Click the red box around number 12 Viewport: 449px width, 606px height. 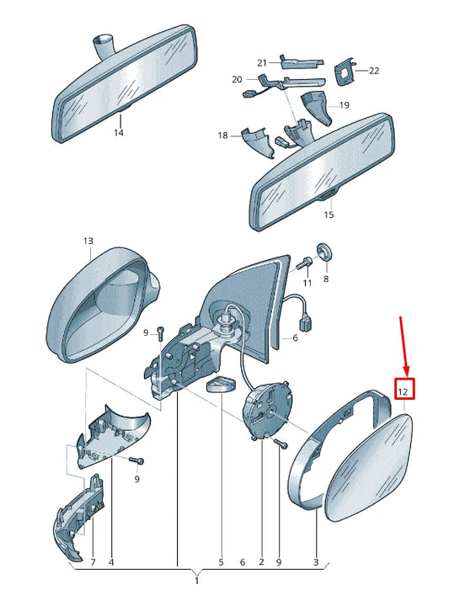(x=404, y=389)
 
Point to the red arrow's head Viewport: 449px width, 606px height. (x=407, y=372)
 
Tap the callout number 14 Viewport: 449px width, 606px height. (x=118, y=133)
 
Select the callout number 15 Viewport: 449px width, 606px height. (x=329, y=215)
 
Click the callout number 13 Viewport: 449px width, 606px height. (x=88, y=242)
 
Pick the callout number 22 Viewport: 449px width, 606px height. (x=374, y=71)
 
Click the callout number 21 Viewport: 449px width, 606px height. (x=262, y=62)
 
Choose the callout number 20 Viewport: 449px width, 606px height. (x=237, y=80)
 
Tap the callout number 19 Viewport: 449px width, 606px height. (x=345, y=105)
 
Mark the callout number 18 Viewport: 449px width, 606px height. (x=222, y=136)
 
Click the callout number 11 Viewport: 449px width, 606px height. (x=307, y=284)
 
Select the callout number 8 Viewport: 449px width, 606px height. (x=326, y=279)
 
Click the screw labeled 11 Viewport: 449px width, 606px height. (x=303, y=263)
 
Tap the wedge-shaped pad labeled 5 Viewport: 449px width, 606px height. (x=222, y=385)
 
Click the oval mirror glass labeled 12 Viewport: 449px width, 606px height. (x=369, y=468)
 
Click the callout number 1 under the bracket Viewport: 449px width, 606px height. (x=196, y=581)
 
